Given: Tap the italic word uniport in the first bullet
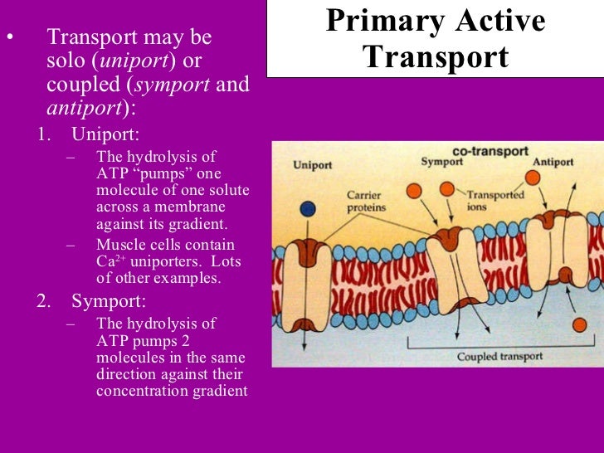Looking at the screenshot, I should pos(137,61).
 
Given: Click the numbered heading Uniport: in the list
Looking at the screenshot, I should pos(105,134).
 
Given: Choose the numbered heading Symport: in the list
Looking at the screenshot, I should pos(109,300).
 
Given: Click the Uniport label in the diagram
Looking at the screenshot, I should pos(313,165).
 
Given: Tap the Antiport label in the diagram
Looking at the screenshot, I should pos(553,162).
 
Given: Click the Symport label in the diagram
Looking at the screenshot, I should pos(441,162).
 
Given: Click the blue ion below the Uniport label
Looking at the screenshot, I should pos(309,209).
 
